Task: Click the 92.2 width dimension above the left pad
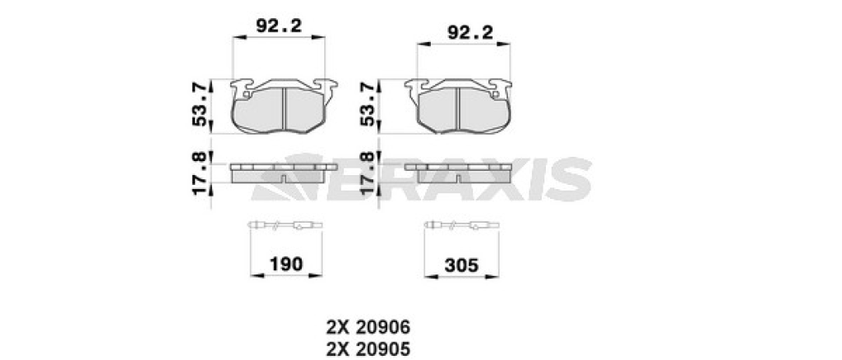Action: coord(279,25)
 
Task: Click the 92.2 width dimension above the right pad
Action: coord(470,33)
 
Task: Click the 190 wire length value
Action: coord(285,264)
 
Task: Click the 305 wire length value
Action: coord(461,265)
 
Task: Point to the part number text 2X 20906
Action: coord(368,327)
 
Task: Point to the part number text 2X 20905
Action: coord(368,349)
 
